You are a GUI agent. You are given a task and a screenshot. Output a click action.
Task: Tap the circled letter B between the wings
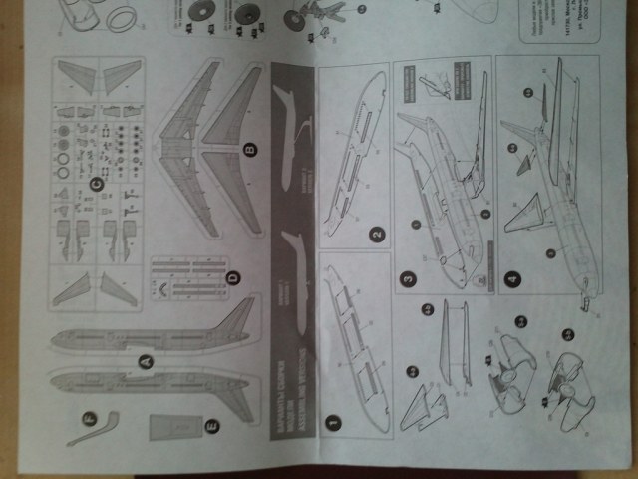[x=250, y=152]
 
